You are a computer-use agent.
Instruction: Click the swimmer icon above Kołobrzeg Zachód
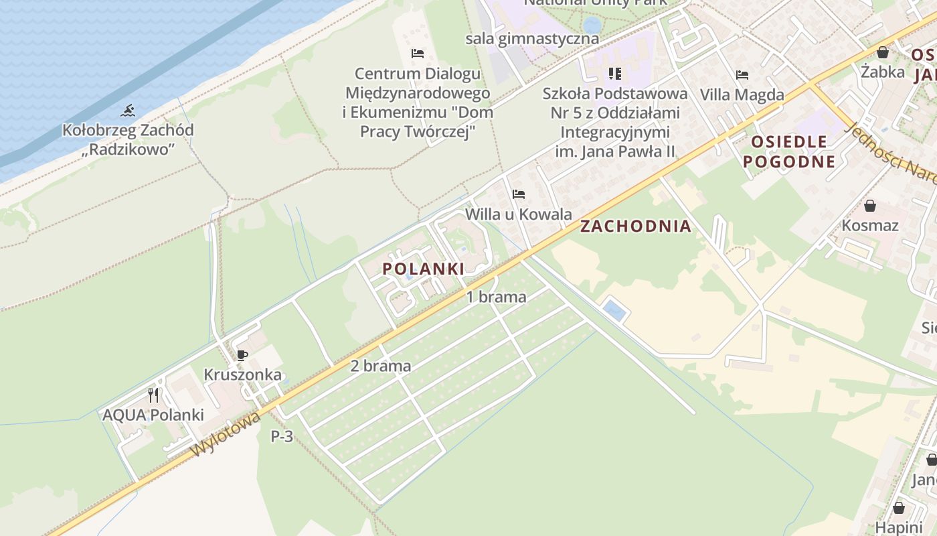point(129,111)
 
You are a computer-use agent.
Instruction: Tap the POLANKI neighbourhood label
point(423,269)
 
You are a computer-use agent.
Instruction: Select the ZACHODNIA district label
point(635,226)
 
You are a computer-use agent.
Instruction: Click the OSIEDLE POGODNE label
point(789,151)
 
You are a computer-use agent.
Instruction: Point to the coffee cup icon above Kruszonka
point(242,355)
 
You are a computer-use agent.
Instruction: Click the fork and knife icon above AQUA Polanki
point(153,395)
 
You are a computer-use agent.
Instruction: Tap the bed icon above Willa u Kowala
point(518,194)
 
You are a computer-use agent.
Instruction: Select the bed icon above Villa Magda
point(742,74)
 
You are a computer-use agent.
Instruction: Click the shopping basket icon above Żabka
point(883,52)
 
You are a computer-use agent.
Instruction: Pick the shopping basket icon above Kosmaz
point(870,206)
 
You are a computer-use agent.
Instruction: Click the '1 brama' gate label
point(496,296)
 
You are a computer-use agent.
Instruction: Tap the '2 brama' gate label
point(380,366)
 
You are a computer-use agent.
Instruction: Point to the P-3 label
point(282,436)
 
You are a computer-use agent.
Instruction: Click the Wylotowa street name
point(226,434)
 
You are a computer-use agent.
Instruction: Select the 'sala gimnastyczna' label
point(532,38)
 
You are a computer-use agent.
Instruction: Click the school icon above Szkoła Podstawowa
point(614,73)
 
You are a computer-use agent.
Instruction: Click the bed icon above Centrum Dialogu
point(418,53)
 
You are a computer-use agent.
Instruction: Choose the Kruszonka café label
point(242,375)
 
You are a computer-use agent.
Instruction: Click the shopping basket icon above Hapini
point(898,507)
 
